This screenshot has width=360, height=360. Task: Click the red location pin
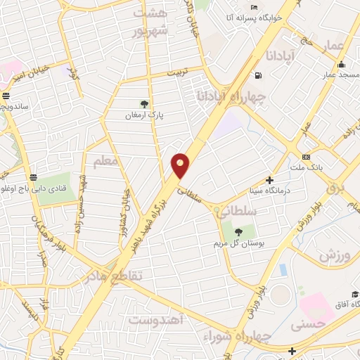click(x=181, y=165)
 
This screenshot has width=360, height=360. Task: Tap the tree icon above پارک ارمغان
click(x=145, y=104)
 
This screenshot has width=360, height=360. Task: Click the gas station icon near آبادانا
click(x=259, y=76)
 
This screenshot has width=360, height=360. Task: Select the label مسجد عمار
click(x=338, y=74)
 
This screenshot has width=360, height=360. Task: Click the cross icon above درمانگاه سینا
click(x=269, y=180)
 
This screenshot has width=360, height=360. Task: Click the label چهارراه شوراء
click(x=227, y=333)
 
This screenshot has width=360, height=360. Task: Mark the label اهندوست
click(x=156, y=320)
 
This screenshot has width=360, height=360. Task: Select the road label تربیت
click(x=176, y=72)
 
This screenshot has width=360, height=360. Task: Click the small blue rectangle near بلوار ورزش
click(x=283, y=270)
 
